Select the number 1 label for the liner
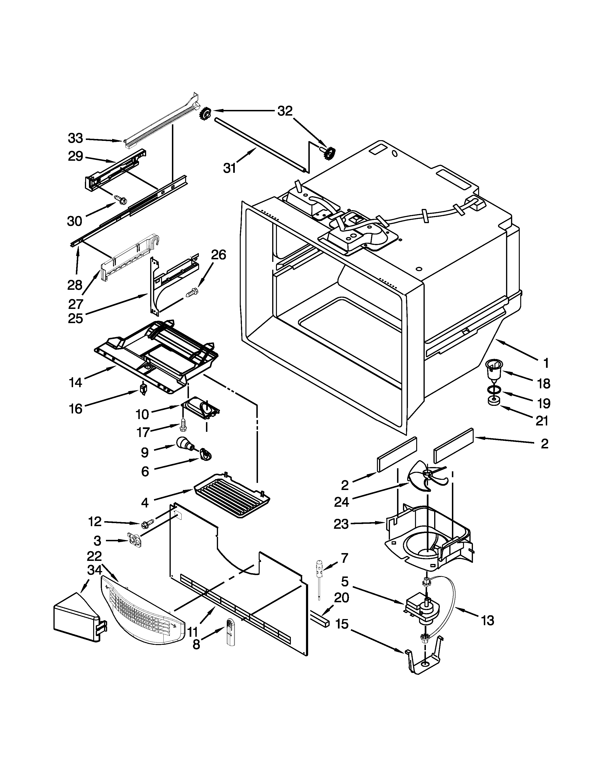click(546, 363)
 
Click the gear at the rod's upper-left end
click(205, 114)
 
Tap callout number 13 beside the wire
click(487, 621)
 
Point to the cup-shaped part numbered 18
click(494, 371)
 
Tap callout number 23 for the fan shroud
click(341, 524)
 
